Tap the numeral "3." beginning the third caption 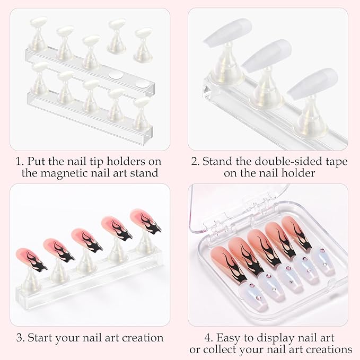coord(21,337)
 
